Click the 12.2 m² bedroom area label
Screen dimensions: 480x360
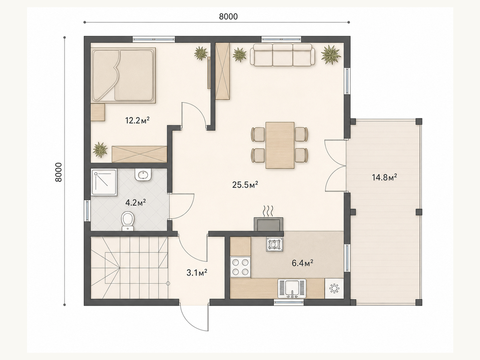pos(137,120)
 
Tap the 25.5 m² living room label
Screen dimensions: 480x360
pos(245,185)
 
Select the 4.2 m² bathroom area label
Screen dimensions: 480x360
pos(136,202)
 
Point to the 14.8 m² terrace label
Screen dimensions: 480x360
pos(384,177)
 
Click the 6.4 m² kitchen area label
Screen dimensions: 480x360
pos(302,263)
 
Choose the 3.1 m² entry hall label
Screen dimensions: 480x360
pos(197,273)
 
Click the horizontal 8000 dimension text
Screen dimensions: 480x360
pos(228,16)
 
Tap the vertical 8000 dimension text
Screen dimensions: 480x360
pos(58,172)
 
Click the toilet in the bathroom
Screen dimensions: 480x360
pos(128,221)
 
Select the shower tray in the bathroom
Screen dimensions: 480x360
pos(104,182)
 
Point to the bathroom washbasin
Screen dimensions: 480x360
pos(143,174)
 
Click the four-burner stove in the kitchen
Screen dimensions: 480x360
pos(240,267)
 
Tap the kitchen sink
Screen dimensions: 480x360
pos(292,288)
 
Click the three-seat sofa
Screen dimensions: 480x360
pos(283,55)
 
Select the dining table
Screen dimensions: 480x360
pos(280,145)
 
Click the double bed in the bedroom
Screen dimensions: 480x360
pos(123,75)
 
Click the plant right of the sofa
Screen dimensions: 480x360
pos(331,54)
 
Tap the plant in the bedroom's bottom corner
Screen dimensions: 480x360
pos(100,150)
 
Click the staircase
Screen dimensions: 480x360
pos(129,268)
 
